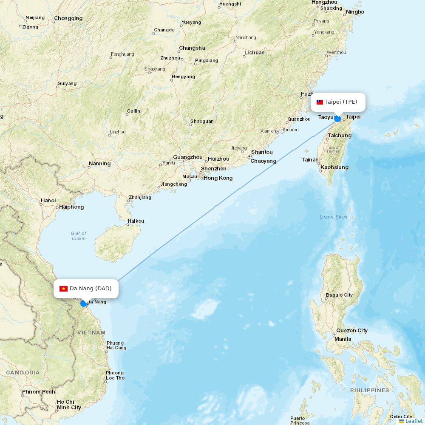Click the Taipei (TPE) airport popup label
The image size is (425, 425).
(x=341, y=102)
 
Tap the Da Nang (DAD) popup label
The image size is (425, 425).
(x=90, y=289)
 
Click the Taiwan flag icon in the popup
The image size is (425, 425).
(x=320, y=102)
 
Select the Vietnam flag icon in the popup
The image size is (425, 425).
(x=63, y=289)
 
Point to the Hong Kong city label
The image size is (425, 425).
(x=218, y=178)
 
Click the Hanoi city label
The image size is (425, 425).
(x=48, y=200)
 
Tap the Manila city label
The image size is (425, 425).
(x=343, y=339)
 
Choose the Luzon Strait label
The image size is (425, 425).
(x=333, y=217)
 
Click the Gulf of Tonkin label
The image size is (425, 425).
(x=79, y=236)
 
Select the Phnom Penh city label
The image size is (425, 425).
(x=39, y=391)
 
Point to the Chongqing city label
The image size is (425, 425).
(x=68, y=18)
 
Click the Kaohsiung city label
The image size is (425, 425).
(x=334, y=167)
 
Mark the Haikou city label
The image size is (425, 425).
(x=136, y=221)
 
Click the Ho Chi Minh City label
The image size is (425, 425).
(x=69, y=405)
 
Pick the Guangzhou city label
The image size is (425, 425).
(x=188, y=157)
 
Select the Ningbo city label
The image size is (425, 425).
(x=355, y=12)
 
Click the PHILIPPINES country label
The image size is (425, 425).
(x=369, y=390)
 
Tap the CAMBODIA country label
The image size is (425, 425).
(x=23, y=372)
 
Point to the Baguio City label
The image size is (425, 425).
(x=339, y=295)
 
